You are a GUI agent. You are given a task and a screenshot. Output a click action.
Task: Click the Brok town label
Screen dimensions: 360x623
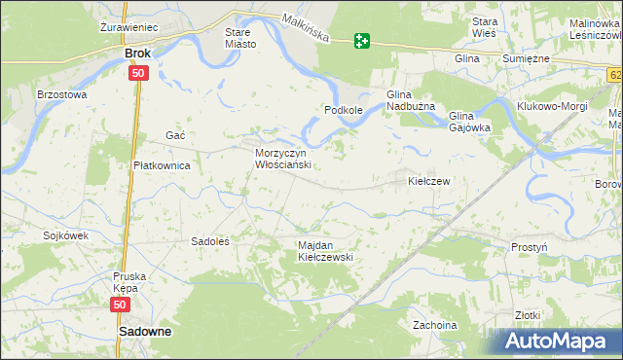(139, 54)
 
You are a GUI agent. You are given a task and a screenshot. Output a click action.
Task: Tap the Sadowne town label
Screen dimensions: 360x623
(145, 332)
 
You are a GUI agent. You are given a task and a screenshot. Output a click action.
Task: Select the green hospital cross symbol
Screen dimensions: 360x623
(362, 40)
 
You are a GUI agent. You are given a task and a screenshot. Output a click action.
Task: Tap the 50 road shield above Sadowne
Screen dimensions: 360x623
(119, 305)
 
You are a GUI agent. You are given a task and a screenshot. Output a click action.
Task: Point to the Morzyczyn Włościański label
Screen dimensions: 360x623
(281, 160)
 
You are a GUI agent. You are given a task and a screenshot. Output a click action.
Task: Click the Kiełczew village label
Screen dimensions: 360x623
(427, 181)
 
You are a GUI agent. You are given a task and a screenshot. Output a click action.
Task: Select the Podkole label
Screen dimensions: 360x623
(344, 110)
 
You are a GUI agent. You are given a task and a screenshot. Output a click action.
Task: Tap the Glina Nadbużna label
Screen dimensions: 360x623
(416, 99)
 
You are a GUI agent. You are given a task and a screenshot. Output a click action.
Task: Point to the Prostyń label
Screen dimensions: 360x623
(529, 247)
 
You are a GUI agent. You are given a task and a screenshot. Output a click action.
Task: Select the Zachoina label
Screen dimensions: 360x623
(434, 324)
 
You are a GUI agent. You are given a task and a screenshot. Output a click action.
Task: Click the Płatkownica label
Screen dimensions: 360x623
(161, 165)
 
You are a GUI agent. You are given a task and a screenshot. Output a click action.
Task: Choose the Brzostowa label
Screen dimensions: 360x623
(61, 95)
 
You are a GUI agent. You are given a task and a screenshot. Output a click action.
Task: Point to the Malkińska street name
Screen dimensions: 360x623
(305, 28)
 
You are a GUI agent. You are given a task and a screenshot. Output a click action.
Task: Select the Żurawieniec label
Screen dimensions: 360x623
(129, 27)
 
